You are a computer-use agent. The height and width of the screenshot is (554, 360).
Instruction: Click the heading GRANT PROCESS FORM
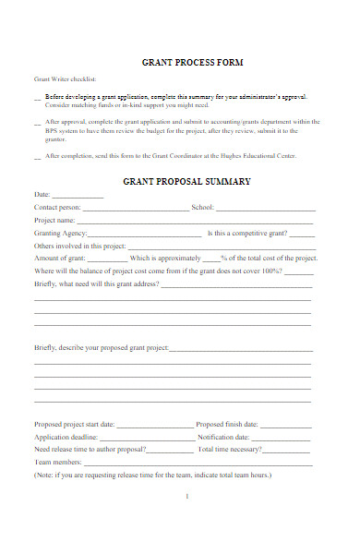(x=192, y=63)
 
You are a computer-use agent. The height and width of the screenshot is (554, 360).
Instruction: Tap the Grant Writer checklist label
(x=65, y=79)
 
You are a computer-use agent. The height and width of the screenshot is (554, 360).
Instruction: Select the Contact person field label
(x=57, y=208)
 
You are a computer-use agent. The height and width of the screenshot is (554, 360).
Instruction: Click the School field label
(x=202, y=208)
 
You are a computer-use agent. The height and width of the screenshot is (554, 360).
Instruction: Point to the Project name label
(x=54, y=221)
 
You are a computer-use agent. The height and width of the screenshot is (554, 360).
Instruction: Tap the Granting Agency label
(x=61, y=234)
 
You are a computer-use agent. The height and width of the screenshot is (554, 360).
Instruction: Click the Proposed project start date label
(x=75, y=424)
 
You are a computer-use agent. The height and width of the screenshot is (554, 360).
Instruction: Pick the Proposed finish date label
(x=227, y=424)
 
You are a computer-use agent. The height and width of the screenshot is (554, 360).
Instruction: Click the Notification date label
(x=223, y=437)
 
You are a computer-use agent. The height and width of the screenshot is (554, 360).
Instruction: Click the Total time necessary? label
(x=229, y=449)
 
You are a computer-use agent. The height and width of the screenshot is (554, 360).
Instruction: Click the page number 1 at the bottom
(x=186, y=497)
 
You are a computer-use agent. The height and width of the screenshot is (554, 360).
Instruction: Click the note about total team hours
(x=152, y=475)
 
